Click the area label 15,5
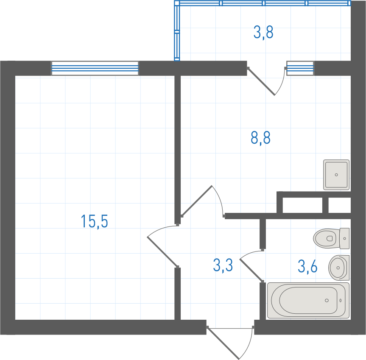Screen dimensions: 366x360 94,221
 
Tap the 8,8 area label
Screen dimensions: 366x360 261,138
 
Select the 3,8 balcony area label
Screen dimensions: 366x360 263,32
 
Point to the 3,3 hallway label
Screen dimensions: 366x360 223,265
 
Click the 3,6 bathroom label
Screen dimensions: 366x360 307,266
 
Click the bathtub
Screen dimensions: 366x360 308,300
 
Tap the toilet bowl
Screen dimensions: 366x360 326,238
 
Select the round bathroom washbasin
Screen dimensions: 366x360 339,268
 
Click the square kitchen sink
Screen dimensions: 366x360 336,175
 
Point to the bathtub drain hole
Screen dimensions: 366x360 327,300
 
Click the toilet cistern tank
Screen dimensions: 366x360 344,238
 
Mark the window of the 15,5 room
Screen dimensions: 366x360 95,68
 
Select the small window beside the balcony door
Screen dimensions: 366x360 300,68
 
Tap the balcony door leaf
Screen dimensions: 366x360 261,81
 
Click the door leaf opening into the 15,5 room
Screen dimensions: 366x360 162,252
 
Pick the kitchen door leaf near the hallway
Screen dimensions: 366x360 197,201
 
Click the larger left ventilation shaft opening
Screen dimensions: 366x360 302,205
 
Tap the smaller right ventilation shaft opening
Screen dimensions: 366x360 340,205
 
